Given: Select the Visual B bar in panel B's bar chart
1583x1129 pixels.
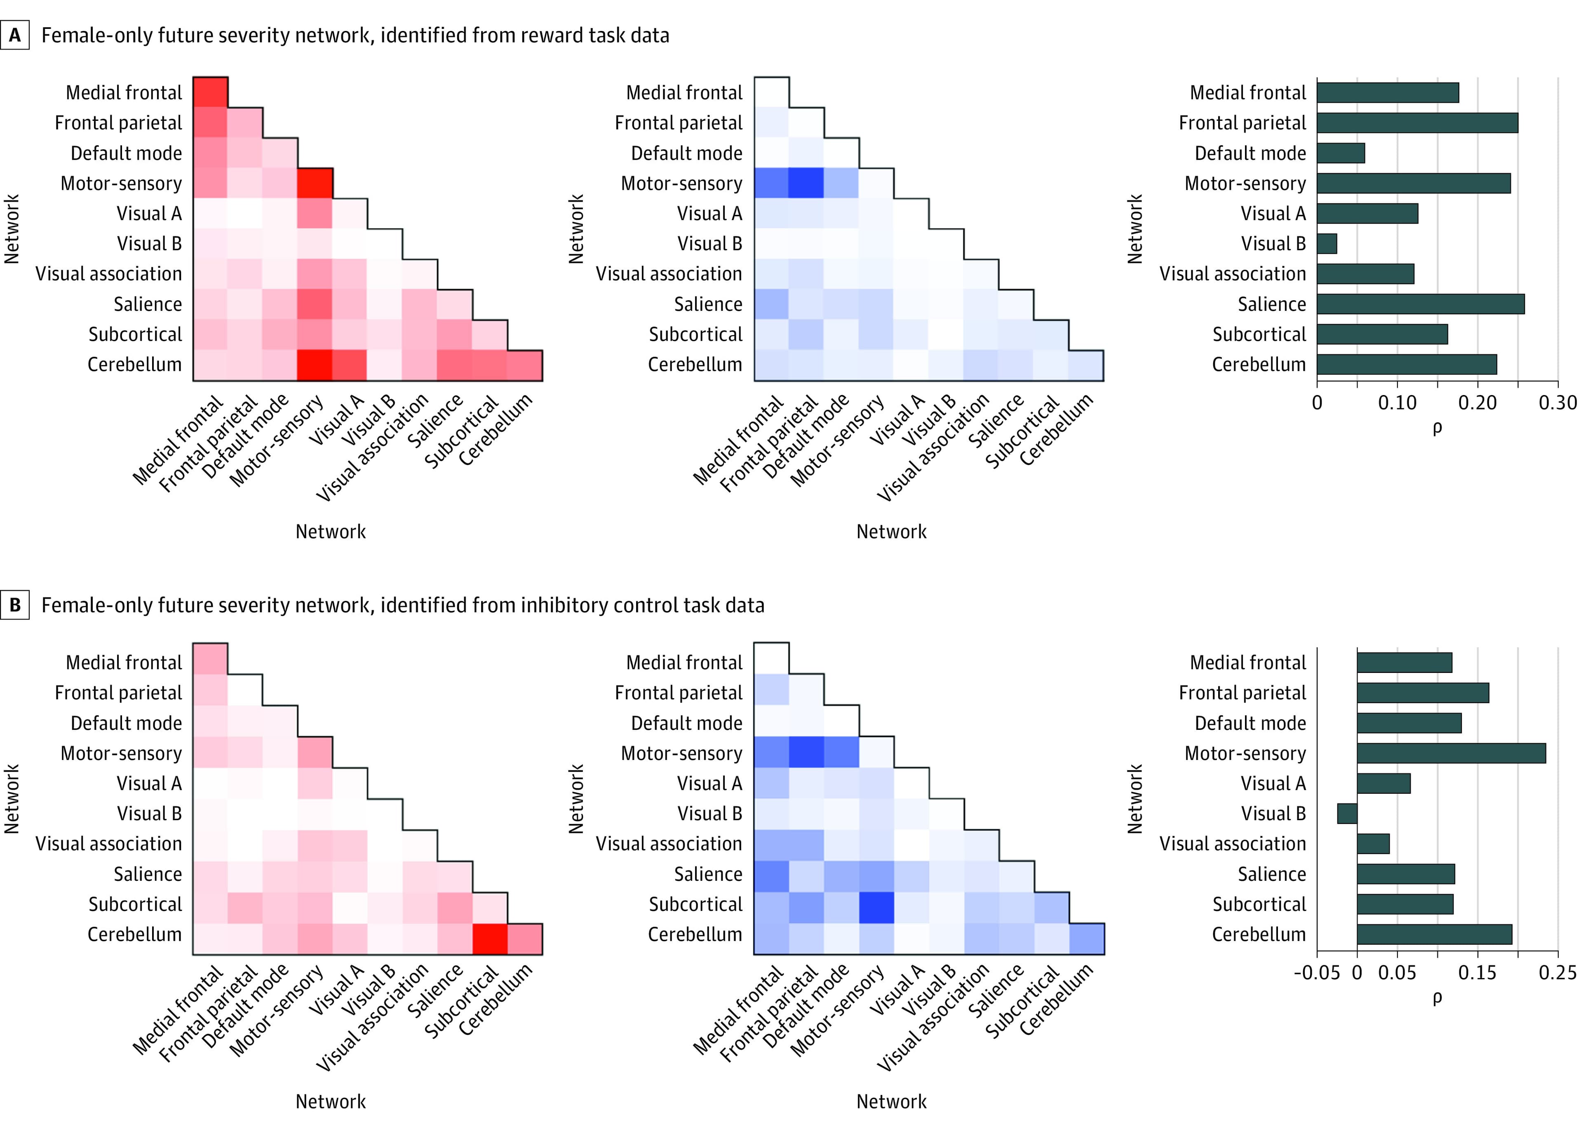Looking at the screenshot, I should [1347, 814].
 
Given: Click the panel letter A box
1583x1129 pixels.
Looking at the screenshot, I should [14, 35].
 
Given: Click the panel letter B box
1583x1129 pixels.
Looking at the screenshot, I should [14, 605].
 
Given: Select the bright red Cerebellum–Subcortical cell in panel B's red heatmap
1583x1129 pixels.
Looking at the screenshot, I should [490, 938].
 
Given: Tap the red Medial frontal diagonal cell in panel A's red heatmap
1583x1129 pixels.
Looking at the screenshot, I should [210, 92].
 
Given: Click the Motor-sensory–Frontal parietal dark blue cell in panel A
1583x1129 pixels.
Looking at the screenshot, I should [806, 183].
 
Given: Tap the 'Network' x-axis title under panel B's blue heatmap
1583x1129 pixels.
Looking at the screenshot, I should [891, 1101].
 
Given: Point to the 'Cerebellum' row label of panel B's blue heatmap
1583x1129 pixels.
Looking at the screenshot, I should [695, 934].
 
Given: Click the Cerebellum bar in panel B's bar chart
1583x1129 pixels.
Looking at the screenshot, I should [1434, 934].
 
